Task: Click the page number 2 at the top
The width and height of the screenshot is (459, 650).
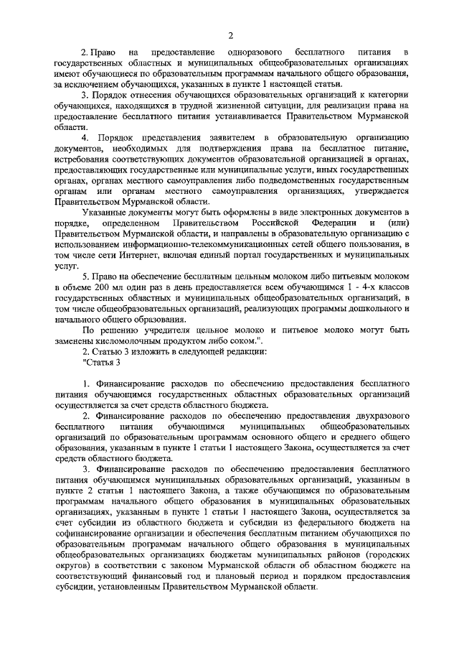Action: tap(230, 35)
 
